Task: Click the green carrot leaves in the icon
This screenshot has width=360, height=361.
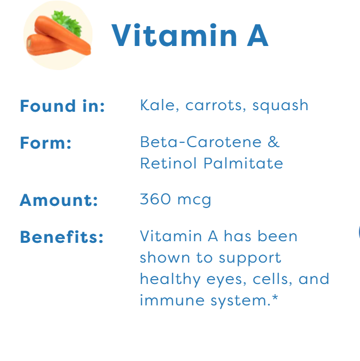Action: coord(67,23)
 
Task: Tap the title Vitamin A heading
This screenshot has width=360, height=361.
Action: coord(190,35)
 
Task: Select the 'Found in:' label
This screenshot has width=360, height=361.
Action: coord(62,106)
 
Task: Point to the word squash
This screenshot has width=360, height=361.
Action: coord(280,106)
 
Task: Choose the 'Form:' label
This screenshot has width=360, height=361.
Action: coord(45,143)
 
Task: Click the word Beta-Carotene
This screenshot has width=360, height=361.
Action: coord(201,142)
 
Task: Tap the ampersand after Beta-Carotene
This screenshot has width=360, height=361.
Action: coord(273,142)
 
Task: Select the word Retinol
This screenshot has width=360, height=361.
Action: coord(168,163)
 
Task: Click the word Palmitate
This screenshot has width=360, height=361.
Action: coord(243,163)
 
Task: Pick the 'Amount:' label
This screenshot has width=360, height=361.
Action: coord(59,200)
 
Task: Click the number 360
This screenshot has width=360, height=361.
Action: coord(155,199)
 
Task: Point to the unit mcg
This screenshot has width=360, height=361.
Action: coord(194,201)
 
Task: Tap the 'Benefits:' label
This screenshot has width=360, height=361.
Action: coord(61,237)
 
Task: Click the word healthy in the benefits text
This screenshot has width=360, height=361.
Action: coord(170,280)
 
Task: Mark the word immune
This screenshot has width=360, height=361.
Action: coord(172,300)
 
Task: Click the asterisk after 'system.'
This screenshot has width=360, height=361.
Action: coord(275,297)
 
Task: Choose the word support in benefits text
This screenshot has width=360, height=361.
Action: coord(250,259)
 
